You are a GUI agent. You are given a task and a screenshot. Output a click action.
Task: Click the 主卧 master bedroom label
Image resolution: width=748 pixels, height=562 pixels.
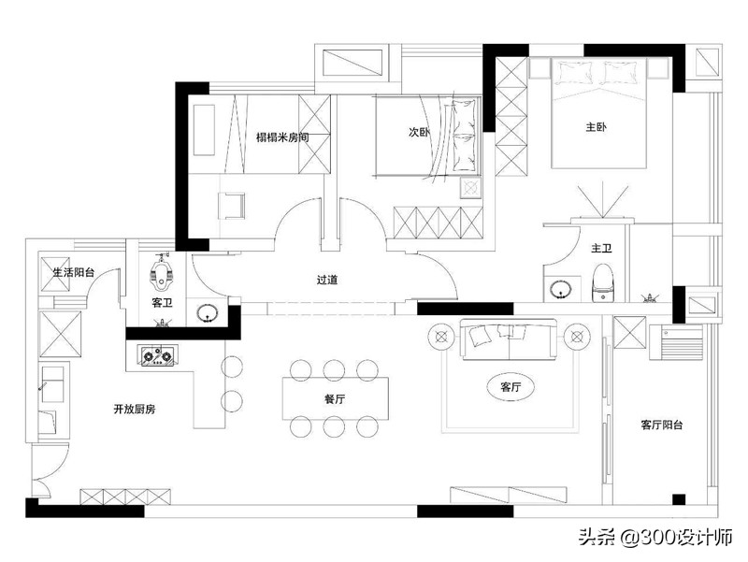pyautogui.click(x=596, y=128)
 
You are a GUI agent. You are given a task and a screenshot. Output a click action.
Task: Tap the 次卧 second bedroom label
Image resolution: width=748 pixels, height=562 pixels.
pyautogui.click(x=419, y=132)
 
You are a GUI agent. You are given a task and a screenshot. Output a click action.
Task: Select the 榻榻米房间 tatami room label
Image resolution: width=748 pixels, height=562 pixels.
pyautogui.click(x=282, y=137)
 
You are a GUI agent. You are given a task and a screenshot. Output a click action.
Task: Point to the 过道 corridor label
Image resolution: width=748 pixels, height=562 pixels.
pyautogui.click(x=326, y=279)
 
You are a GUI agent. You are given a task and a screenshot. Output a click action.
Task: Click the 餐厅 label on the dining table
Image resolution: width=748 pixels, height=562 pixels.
pyautogui.click(x=335, y=398)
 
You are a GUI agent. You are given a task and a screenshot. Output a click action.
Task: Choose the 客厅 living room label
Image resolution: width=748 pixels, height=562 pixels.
pyautogui.click(x=511, y=385)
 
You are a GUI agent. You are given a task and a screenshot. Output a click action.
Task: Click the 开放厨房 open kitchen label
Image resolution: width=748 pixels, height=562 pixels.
pyautogui.click(x=134, y=409)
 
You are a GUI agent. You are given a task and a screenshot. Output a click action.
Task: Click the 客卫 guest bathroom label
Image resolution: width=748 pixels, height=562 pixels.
pyautogui.click(x=163, y=303)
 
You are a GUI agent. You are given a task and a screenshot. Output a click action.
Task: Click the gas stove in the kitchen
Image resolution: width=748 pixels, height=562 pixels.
pyautogui.click(x=158, y=355)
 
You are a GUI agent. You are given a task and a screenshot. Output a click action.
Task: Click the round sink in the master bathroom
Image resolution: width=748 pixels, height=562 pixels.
pyautogui.click(x=562, y=289)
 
